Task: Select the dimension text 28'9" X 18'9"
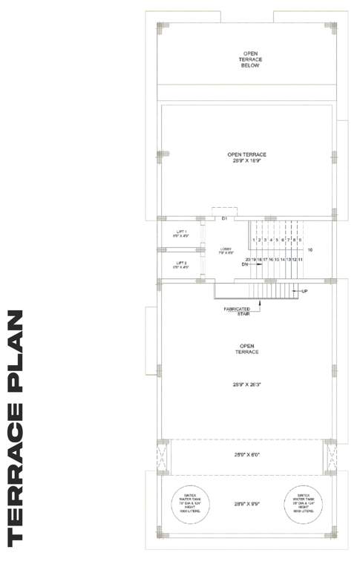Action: tap(247, 160)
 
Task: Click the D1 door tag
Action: tap(224, 218)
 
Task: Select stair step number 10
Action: tap(310, 250)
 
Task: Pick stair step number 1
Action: tap(254, 240)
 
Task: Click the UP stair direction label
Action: tap(304, 291)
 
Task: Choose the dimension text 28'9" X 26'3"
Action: tap(247, 385)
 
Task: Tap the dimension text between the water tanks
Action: tap(247, 503)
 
